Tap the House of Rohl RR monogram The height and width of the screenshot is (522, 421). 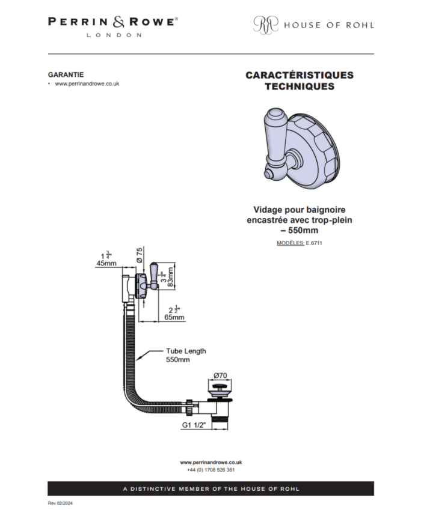coord(266,25)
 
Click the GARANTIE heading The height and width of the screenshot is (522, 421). coord(66,74)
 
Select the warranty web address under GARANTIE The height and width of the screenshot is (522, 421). coord(87,84)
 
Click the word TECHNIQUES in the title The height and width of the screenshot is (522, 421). coord(300,86)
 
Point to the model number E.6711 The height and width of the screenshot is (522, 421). coord(314,243)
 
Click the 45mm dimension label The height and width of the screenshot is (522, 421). coord(106,263)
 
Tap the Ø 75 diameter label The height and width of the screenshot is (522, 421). coord(140,255)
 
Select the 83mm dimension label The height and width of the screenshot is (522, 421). coord(170,277)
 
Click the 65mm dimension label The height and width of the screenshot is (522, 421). coord(174,317)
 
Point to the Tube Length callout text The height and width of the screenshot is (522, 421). coord(186,355)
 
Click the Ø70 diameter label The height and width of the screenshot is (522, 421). coord(220,375)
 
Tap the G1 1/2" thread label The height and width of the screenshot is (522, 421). coord(194,425)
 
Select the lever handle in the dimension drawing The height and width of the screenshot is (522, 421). coord(154,275)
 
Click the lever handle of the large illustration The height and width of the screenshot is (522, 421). coord(275,137)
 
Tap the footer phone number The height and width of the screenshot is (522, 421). coord(211,470)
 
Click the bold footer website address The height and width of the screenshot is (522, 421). coord(211,463)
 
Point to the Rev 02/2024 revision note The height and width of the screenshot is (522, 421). coord(60,503)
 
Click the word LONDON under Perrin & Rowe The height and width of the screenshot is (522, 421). coord(114,35)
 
